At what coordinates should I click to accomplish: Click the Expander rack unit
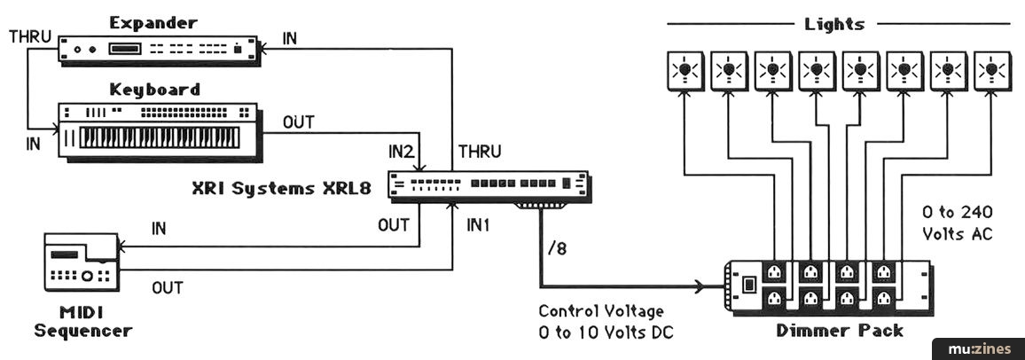pyautogui.click(x=158, y=49)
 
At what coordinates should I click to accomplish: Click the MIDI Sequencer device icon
pyautogui.click(x=81, y=263)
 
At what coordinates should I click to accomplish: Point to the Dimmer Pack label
pyautogui.click(x=839, y=331)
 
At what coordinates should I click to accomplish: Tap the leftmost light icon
pyautogui.click(x=685, y=70)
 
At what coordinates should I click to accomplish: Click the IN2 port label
pyautogui.click(x=401, y=152)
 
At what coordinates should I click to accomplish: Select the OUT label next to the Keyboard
pyautogui.click(x=298, y=121)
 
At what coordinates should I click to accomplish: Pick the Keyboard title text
pyautogui.click(x=155, y=89)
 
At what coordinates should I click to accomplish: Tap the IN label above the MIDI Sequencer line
pyautogui.click(x=159, y=230)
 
